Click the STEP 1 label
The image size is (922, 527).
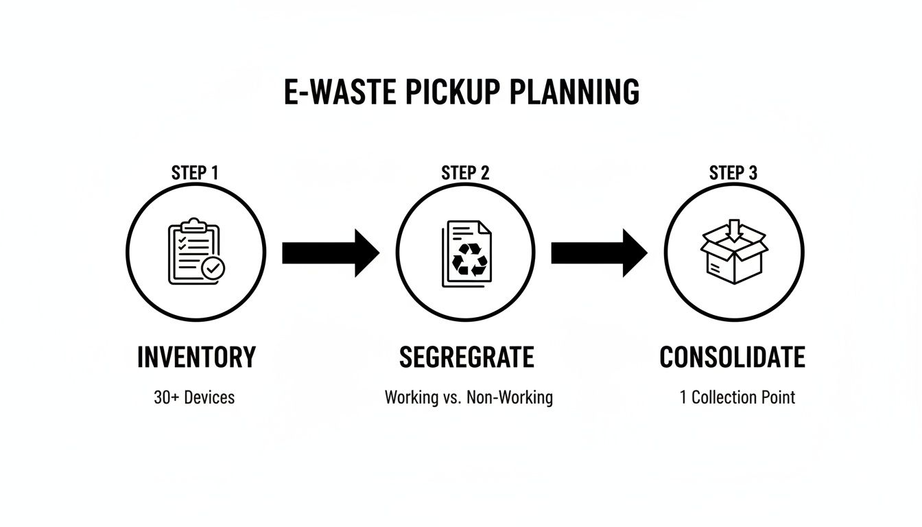click(195, 173)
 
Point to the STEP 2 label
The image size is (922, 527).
click(465, 173)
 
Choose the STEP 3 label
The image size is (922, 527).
click(733, 173)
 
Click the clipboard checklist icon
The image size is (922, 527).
click(194, 252)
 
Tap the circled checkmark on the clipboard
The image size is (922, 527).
click(213, 268)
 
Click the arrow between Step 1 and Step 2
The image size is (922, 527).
click(330, 253)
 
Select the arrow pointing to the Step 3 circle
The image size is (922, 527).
click(599, 253)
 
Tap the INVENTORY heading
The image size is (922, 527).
click(196, 358)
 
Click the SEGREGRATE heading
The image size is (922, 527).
click(466, 358)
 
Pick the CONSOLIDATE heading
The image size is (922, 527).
click(733, 358)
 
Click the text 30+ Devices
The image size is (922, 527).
click(194, 397)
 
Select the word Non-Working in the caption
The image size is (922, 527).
click(510, 397)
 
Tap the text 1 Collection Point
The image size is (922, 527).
click(737, 397)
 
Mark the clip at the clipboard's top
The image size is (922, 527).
click(193, 224)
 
